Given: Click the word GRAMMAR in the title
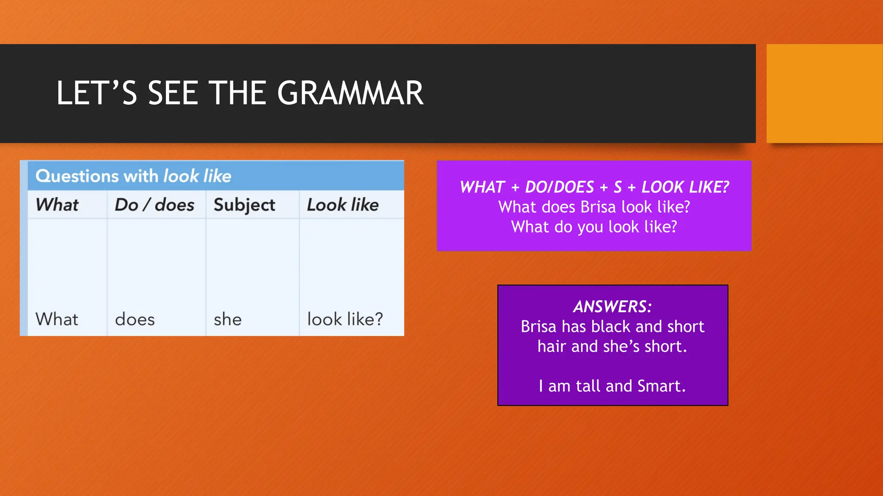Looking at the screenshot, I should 350,93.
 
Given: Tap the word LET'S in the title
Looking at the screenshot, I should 97,93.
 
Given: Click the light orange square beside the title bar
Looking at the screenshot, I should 824,93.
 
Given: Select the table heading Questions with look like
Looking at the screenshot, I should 133,176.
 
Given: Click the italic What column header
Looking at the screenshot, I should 57,205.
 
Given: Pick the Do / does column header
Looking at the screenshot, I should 154,205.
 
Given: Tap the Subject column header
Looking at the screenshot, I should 244,205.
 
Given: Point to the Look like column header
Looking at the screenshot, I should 343,205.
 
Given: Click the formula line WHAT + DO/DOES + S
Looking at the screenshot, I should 594,187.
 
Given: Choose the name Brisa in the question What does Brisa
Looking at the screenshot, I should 595,207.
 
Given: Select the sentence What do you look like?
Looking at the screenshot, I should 594,227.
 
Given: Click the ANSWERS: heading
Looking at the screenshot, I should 612,307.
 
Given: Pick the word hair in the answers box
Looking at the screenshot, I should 552,347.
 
